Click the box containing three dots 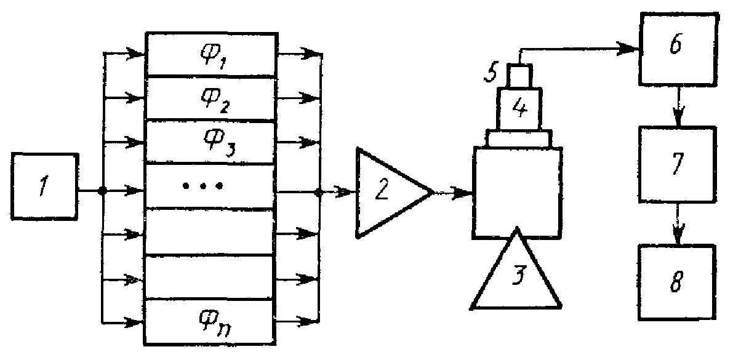coord(209,186)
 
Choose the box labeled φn coord(209,321)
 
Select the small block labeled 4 coord(519,108)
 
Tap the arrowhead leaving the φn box coord(305,321)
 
